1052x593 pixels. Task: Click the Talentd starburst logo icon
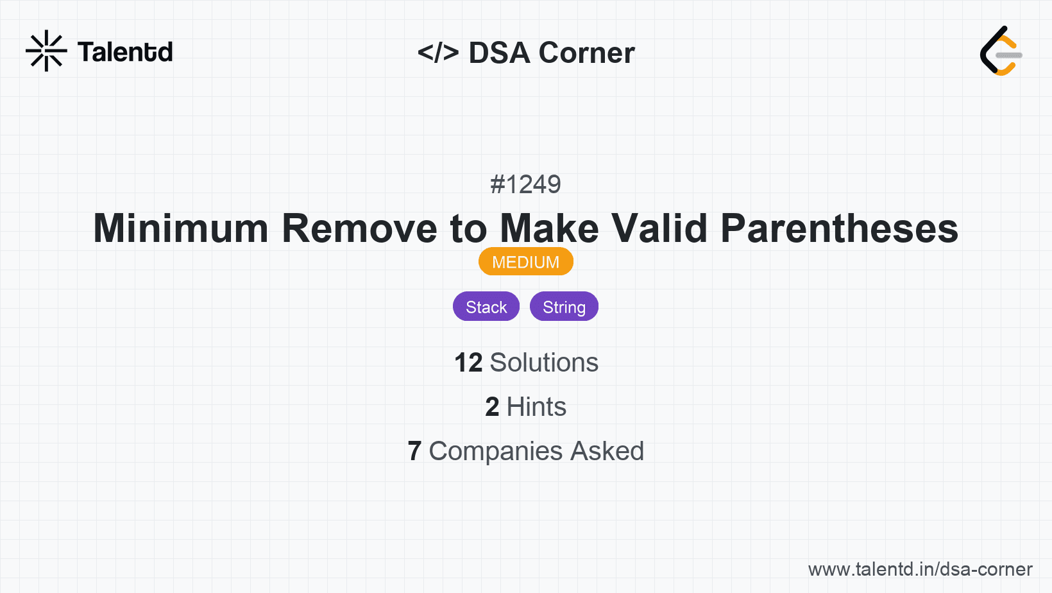click(46, 51)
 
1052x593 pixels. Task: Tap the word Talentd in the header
click(125, 52)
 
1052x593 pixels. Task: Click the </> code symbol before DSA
click(438, 53)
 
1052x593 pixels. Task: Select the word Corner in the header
click(586, 53)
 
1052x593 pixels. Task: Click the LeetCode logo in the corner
click(1001, 51)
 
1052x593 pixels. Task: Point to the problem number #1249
click(525, 185)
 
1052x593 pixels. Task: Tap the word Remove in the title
click(359, 228)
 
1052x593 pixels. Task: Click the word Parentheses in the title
click(839, 228)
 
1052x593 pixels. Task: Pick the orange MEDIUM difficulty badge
click(525, 262)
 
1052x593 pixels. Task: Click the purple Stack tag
click(486, 307)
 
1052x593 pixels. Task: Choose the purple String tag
click(564, 307)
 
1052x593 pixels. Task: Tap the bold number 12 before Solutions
click(468, 363)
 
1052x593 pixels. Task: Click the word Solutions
click(544, 363)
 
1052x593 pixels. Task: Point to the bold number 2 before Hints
click(492, 407)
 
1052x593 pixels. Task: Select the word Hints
click(536, 407)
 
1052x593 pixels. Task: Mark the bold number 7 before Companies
click(414, 451)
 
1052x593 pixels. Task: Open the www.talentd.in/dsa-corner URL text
click(920, 569)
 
